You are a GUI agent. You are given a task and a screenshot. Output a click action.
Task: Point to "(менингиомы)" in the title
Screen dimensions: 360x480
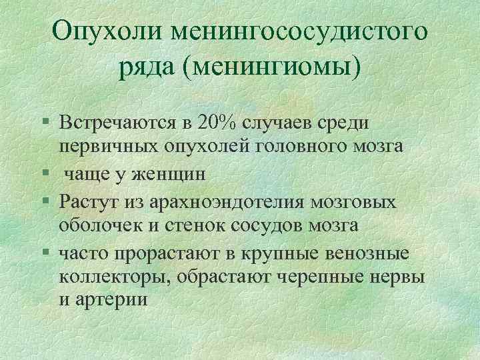coord(275,67)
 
